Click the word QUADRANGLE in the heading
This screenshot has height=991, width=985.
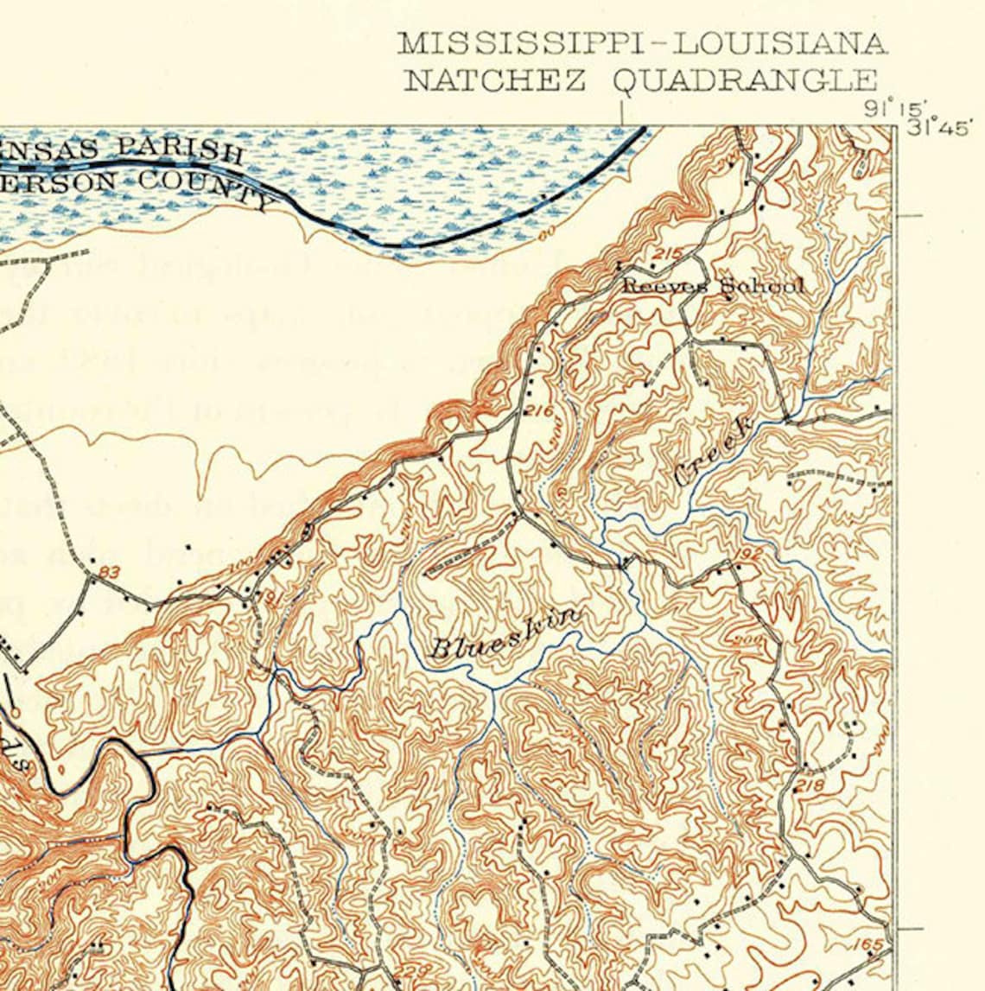pos(745,80)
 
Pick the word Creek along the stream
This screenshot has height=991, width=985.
pos(714,453)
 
